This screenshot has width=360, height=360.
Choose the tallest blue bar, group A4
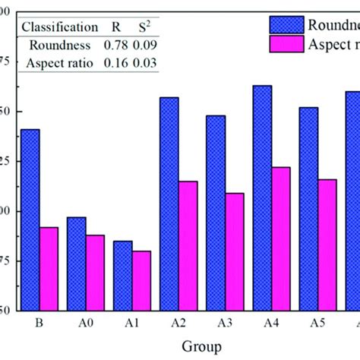tap(262, 197)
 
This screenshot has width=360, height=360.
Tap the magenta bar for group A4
tap(280, 238)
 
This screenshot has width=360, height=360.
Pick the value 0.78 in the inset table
tap(109, 45)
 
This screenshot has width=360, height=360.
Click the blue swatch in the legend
tap(281, 23)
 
